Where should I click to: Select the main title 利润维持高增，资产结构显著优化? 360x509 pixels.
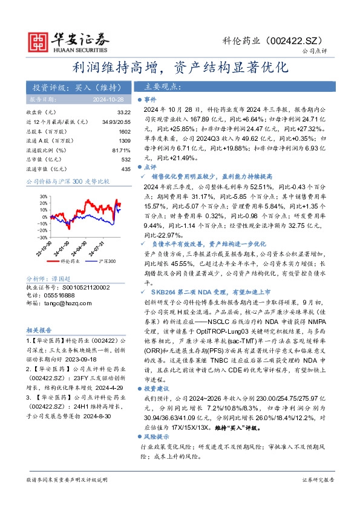coord(179,66)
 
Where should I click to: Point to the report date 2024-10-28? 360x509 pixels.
coord(110,99)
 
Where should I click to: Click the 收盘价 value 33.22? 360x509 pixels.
coord(124,112)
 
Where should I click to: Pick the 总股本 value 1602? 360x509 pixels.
coord(125,132)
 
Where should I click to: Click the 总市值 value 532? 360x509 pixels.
coord(126,160)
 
